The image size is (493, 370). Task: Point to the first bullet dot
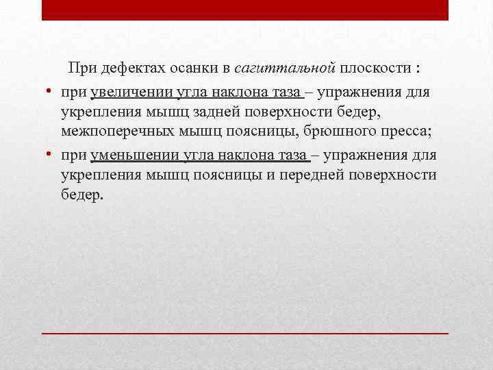coord(50,92)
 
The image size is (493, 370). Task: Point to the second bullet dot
coord(50,155)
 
